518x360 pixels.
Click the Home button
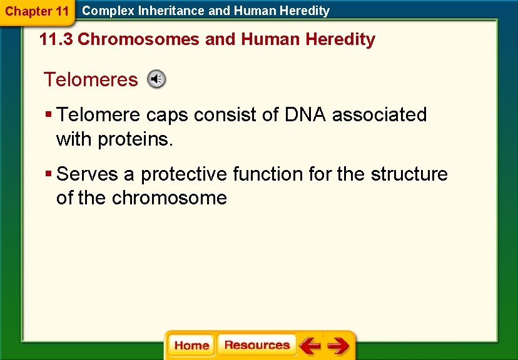(191, 346)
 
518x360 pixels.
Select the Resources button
(256, 345)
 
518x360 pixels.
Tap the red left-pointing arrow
(310, 346)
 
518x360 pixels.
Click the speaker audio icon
(156, 79)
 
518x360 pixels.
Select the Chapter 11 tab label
(37, 11)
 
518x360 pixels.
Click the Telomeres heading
(91, 79)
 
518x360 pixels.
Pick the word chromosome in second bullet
(169, 198)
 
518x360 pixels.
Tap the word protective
(185, 174)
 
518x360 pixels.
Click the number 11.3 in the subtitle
(56, 39)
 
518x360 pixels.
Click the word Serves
(87, 174)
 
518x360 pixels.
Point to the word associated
(379, 115)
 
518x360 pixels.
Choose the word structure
(409, 174)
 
